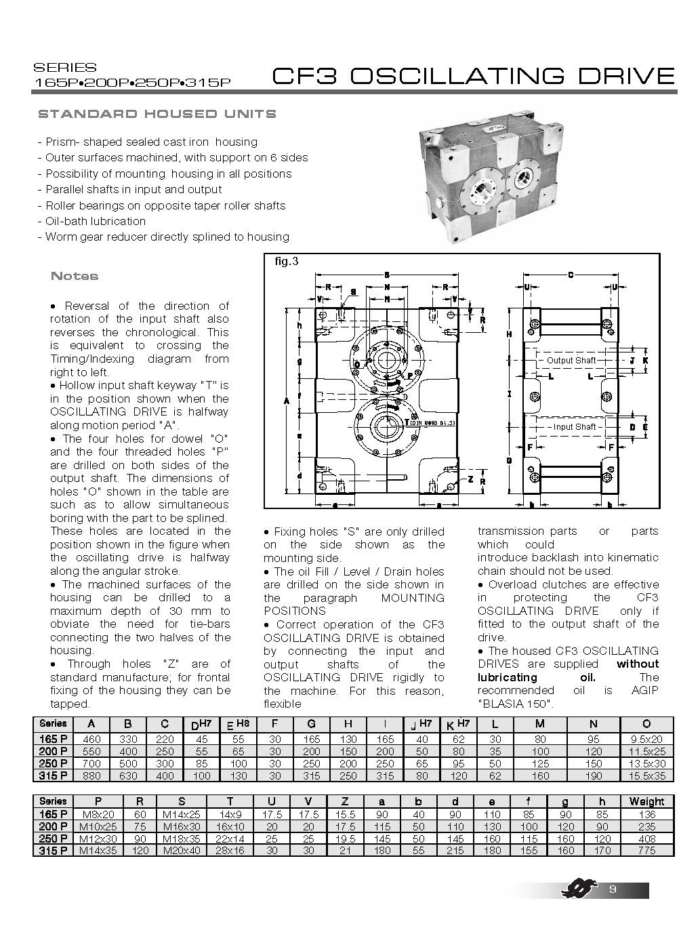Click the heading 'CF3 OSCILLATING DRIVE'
pyautogui.click(x=473, y=75)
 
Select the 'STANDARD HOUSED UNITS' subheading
pyautogui.click(x=157, y=114)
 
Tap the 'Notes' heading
pyautogui.click(x=75, y=276)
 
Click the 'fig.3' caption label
pyautogui.click(x=287, y=262)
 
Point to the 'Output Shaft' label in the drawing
pyautogui.click(x=571, y=361)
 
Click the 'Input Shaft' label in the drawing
pyautogui.click(x=574, y=427)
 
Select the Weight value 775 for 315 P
pyautogui.click(x=646, y=850)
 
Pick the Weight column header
pyautogui.click(x=646, y=801)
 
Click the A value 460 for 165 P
pyautogui.click(x=91, y=740)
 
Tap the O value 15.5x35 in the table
pyautogui.click(x=646, y=775)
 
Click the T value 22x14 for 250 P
pyautogui.click(x=230, y=839)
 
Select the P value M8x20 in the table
pyautogui.click(x=91, y=814)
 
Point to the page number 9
pyautogui.click(x=613, y=890)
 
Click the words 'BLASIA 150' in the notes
pyautogui.click(x=516, y=704)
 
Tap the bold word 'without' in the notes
pyautogui.click(x=637, y=664)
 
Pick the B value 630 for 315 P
pyautogui.click(x=127, y=775)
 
